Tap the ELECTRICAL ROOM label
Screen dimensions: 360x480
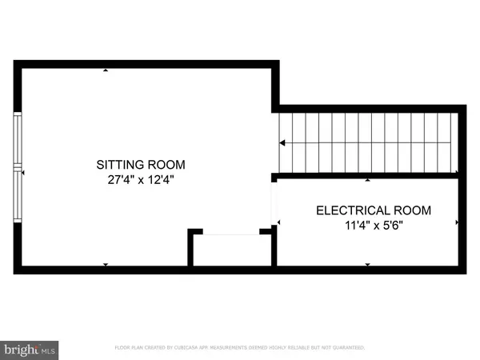point(374,211)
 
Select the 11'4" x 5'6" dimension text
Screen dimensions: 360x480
point(374,226)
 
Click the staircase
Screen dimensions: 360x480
point(367,142)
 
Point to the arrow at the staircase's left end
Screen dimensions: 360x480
point(282,143)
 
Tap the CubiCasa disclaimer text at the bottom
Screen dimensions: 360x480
point(240,348)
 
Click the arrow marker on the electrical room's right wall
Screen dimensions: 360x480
point(457,222)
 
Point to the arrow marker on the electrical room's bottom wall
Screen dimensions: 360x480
point(367,264)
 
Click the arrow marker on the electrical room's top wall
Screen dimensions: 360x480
point(367,179)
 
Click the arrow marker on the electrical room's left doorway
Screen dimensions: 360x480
point(278,222)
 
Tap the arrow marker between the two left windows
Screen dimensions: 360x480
point(23,172)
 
